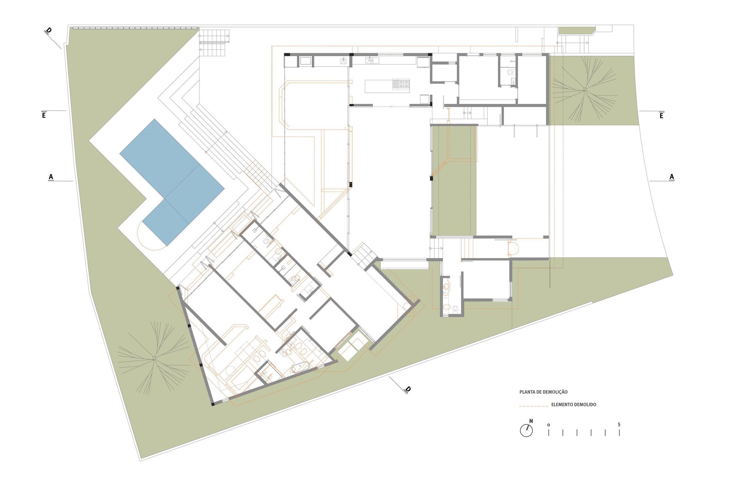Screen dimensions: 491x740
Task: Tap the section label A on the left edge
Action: coord(51,177)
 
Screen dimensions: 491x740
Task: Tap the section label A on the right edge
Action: coord(672,177)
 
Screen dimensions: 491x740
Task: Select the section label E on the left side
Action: coord(44,115)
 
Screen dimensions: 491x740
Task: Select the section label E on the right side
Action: coord(661,115)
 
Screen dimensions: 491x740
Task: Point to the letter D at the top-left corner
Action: coord(48,31)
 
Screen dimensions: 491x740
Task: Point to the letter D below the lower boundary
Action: coord(407,389)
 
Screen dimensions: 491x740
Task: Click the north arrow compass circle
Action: coord(526,430)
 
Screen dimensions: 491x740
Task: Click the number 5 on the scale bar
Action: coord(619,424)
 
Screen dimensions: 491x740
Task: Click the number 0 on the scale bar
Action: coord(548,425)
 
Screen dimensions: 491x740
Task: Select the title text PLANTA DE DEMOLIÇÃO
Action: coord(543,392)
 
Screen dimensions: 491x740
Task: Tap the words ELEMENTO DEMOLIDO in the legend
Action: coord(573,404)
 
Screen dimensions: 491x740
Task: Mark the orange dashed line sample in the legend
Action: coord(534,406)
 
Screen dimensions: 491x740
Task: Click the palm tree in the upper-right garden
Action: coord(585,89)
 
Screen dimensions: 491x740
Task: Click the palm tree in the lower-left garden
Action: coord(154,358)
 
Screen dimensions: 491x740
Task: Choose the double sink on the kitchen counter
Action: coord(372,60)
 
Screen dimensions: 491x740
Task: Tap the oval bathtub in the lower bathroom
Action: coord(300,368)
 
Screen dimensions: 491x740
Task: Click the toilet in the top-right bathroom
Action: coord(511,72)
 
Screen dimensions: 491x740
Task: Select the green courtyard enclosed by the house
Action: coord(454,181)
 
